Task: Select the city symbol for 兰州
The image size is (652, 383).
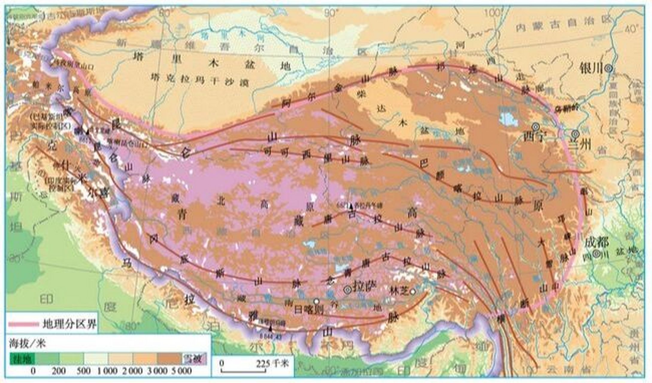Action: click(575, 133)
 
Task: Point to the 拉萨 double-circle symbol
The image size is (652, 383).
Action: click(347, 289)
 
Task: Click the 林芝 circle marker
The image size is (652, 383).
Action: click(413, 291)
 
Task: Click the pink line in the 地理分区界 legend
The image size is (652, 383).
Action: click(24, 324)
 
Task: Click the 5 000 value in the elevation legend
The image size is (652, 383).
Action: click(181, 371)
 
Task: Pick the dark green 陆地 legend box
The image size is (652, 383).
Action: click(22, 358)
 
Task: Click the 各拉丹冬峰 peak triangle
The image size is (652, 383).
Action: click(351, 206)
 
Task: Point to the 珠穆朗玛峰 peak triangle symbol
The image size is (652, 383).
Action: click(271, 328)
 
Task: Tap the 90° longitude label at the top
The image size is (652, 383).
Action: click(331, 13)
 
